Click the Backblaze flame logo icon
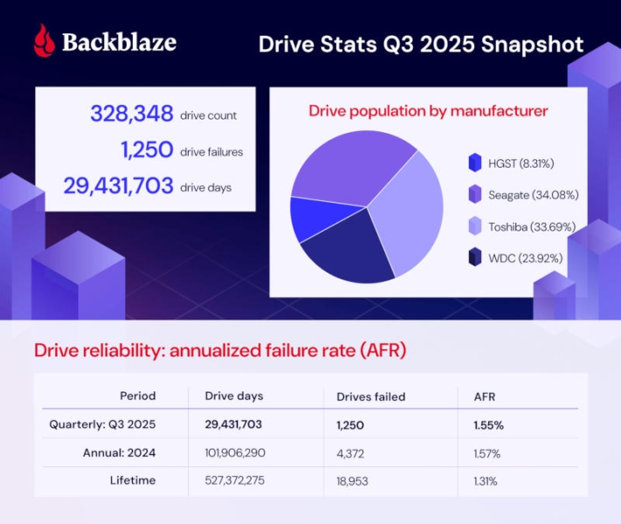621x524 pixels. [x=44, y=40]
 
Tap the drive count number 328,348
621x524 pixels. [x=132, y=114]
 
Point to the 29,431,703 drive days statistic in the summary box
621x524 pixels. [x=118, y=187]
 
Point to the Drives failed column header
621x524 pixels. [x=370, y=396]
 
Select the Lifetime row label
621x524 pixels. [x=133, y=479]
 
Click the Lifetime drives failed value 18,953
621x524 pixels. [x=356, y=480]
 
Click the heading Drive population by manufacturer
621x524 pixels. [x=428, y=111]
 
